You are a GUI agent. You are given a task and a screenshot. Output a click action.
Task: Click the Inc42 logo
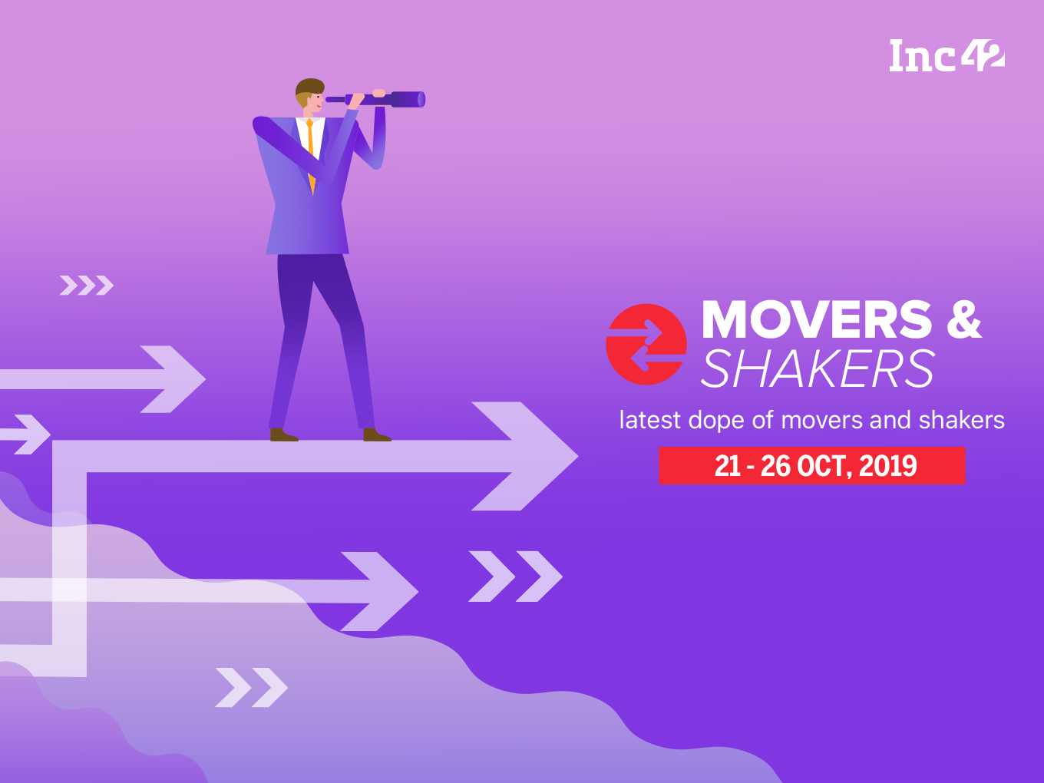click(x=947, y=56)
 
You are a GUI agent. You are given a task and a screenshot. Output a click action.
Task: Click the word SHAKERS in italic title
click(x=818, y=369)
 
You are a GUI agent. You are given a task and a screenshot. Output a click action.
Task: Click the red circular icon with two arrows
click(x=645, y=345)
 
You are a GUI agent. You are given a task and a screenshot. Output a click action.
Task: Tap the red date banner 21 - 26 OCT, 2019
click(x=811, y=466)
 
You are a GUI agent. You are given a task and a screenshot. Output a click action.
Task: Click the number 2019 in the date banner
click(x=888, y=466)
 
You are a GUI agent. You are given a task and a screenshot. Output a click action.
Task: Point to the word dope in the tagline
click(x=716, y=420)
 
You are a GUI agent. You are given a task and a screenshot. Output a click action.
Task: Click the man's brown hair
click(x=309, y=87)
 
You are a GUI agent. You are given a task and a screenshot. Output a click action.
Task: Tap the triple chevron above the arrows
click(x=87, y=286)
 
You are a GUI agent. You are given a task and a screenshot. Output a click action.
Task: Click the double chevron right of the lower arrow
click(x=515, y=576)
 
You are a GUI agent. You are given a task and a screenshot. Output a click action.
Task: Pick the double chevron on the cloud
click(x=251, y=687)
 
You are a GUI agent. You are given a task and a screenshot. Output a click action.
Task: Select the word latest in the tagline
click(x=649, y=420)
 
